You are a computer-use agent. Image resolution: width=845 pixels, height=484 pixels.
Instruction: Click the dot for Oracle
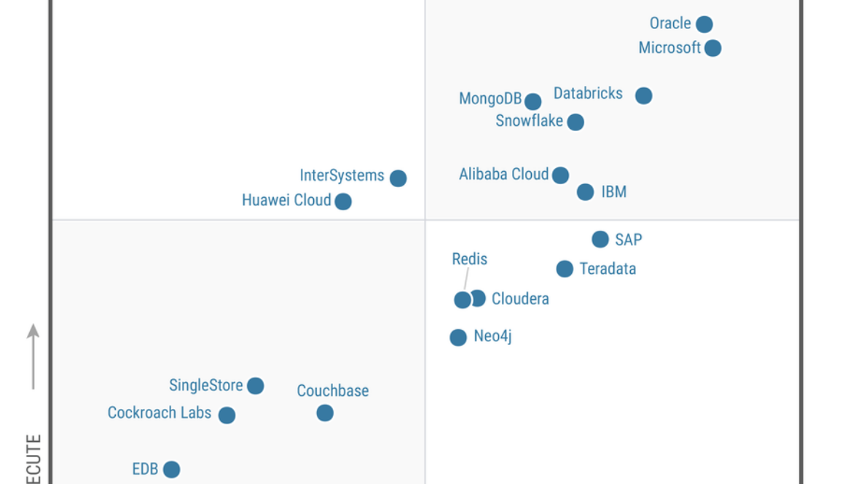tap(704, 25)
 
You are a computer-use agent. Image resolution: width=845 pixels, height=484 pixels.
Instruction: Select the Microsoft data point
tap(712, 48)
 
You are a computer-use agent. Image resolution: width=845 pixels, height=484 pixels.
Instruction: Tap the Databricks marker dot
tap(643, 95)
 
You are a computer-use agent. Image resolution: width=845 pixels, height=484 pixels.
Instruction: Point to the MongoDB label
tap(490, 98)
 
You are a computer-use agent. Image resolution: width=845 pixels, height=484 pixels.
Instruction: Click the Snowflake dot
tap(575, 122)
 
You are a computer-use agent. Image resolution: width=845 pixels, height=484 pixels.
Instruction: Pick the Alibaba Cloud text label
tap(503, 175)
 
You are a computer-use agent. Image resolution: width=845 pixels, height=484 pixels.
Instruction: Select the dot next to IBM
tap(585, 192)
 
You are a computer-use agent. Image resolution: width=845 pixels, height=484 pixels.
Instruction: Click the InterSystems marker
tap(398, 178)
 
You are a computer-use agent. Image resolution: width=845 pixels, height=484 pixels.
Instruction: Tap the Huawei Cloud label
tap(286, 200)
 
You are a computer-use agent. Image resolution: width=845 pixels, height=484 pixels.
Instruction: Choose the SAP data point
tap(600, 239)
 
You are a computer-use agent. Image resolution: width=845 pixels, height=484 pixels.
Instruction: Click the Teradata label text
tap(608, 269)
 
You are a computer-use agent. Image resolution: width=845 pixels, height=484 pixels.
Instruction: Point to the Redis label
tap(469, 259)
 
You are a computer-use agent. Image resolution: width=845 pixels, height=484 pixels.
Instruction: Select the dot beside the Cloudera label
tap(478, 298)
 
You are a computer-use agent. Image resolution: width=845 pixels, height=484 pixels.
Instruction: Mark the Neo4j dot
tap(458, 338)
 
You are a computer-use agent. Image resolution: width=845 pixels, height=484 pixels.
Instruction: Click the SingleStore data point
tap(255, 386)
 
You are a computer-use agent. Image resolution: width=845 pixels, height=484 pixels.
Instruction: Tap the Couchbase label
tap(332, 391)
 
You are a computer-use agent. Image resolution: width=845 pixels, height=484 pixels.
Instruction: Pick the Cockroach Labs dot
tap(227, 416)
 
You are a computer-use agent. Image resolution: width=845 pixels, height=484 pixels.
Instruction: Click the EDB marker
tap(171, 469)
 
